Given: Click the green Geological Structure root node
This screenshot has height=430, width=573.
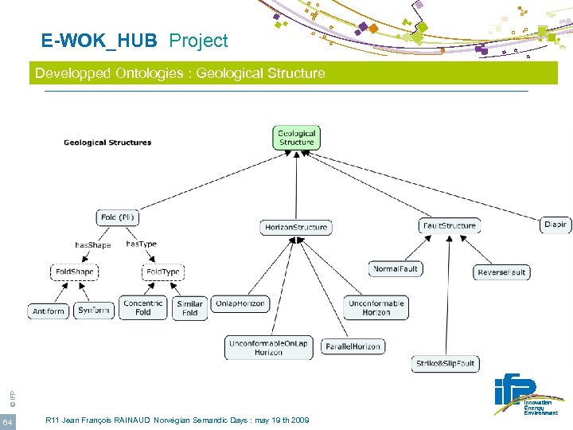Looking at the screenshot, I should [296, 138].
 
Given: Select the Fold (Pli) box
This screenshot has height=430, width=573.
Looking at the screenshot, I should [119, 217].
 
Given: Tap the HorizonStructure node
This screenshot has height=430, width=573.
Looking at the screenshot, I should [296, 227].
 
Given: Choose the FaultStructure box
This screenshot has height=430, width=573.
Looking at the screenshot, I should [450, 225].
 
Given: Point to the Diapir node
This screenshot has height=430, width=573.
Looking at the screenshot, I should [555, 225].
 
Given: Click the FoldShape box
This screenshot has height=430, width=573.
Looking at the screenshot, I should [74, 272].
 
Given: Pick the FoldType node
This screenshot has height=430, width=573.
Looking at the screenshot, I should [162, 272].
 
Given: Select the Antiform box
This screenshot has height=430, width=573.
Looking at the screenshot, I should [49, 311].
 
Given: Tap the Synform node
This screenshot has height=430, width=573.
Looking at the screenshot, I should [95, 311].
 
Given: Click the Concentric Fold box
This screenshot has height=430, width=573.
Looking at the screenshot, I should [143, 307].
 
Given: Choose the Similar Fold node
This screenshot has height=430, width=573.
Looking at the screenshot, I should [189, 308].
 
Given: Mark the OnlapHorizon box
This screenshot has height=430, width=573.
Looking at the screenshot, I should [241, 303].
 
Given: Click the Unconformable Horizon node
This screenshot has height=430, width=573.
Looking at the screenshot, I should [376, 307].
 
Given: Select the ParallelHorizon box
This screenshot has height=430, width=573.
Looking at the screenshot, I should [353, 346].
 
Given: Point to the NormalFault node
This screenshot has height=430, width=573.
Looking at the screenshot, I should [396, 269].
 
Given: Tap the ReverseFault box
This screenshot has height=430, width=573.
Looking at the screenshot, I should [501, 272].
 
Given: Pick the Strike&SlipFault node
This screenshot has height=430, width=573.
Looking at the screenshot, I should [445, 364].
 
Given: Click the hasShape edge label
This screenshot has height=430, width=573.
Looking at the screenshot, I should [93, 245].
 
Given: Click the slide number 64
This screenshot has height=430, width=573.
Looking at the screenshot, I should [6, 421].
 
